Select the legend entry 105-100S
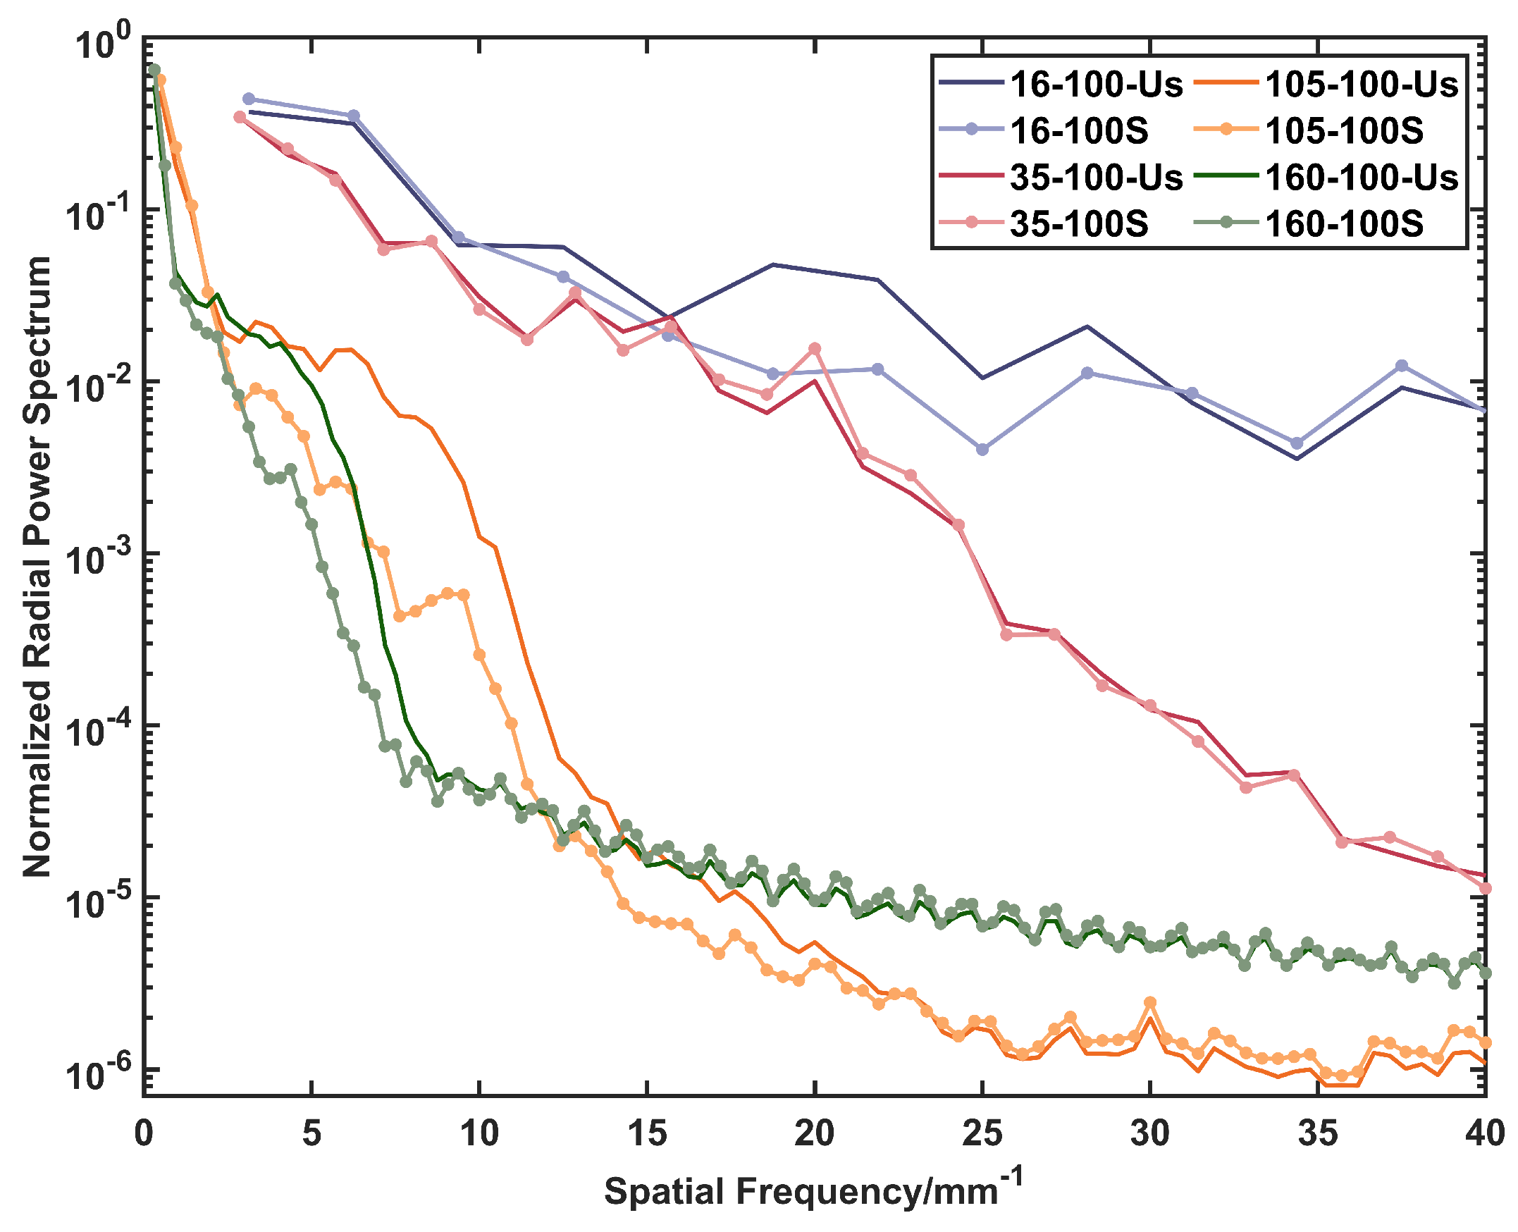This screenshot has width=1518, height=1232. point(1343,131)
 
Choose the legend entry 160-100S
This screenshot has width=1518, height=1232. point(1343,224)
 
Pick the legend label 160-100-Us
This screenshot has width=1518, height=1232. point(1360,178)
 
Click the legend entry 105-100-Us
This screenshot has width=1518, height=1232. point(1360,85)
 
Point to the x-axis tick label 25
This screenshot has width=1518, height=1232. point(982,1133)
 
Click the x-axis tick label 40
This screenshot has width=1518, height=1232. point(1485,1133)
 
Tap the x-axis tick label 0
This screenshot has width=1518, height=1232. point(144,1133)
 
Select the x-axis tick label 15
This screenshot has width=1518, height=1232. point(646,1133)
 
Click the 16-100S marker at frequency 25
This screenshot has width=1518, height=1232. point(982,450)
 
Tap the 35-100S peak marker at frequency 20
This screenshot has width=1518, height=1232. point(815,348)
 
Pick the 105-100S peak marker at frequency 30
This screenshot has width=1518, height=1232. point(1150,1002)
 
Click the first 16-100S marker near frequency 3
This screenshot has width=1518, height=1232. point(248,99)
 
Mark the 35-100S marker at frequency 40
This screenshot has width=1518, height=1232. point(1486,888)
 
